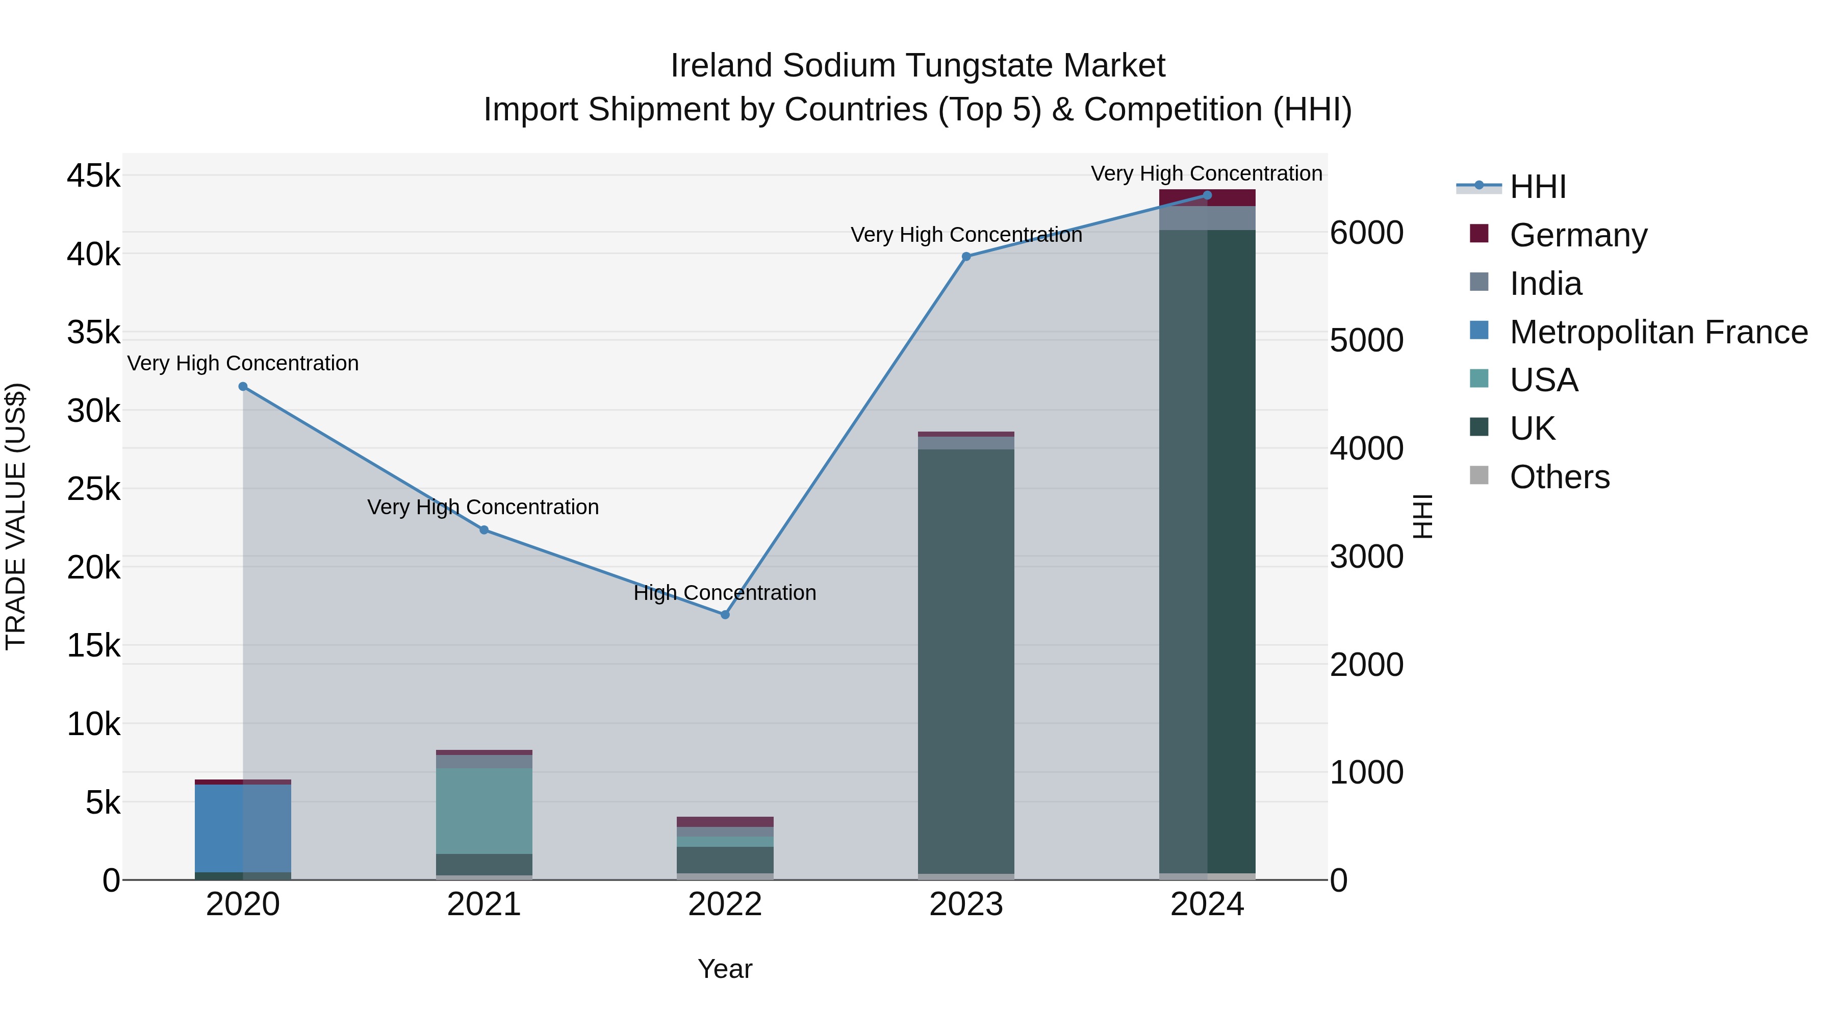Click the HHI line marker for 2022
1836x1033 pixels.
click(x=725, y=615)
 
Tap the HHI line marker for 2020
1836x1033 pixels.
click(x=243, y=386)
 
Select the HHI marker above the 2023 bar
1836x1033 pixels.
click(x=966, y=257)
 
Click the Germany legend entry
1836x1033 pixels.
click(x=1578, y=235)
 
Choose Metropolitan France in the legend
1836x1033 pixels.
click(x=1658, y=332)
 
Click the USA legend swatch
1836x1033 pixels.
click(x=1479, y=379)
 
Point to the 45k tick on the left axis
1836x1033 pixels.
click(x=94, y=175)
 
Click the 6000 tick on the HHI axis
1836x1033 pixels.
click(x=1366, y=233)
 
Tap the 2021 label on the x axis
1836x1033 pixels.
click(x=484, y=904)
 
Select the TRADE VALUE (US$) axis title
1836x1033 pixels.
click(x=16, y=516)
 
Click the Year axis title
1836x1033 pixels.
click(x=725, y=969)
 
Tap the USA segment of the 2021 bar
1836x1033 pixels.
click(x=484, y=811)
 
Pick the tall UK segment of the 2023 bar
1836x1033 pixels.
click(x=966, y=661)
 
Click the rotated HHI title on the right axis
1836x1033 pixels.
click(x=1422, y=516)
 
